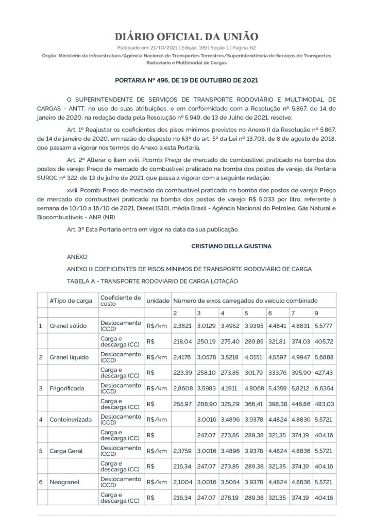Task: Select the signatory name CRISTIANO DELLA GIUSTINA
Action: [231, 247]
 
